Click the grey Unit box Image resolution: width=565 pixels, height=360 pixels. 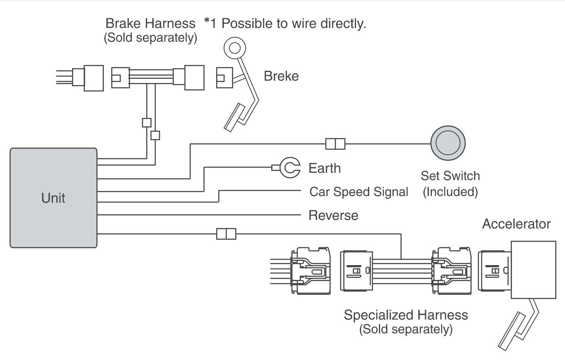pyautogui.click(x=53, y=197)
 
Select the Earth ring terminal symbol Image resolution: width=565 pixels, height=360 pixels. pyautogui.click(x=290, y=168)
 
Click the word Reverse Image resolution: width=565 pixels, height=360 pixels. pyautogui.click(x=333, y=216)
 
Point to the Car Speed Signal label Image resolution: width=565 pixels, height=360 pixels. pyautogui.click(x=359, y=192)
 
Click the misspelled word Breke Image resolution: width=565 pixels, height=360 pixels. pyautogui.click(x=281, y=76)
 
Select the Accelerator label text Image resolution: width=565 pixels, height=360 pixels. pyautogui.click(x=517, y=224)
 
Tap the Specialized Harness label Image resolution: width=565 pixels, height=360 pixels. pyautogui.click(x=406, y=315)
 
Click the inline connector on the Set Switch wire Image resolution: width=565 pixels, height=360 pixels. pyautogui.click(x=335, y=144)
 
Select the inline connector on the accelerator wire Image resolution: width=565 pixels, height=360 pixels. pyautogui.click(x=226, y=234)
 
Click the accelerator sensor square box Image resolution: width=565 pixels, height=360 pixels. pyautogui.click(x=533, y=270)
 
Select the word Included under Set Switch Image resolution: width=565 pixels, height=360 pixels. pyautogui.click(x=450, y=192)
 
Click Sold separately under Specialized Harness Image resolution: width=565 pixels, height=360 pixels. pyautogui.click(x=406, y=329)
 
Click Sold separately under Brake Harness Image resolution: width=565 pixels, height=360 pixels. pyautogui.click(x=150, y=38)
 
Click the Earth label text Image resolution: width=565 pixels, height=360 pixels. pyautogui.click(x=324, y=168)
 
